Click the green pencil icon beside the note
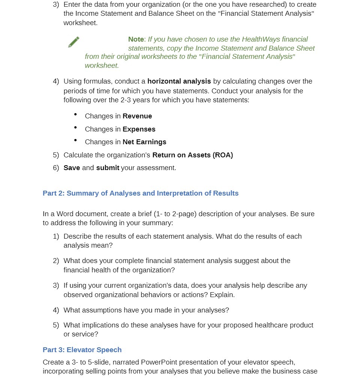click(x=74, y=42)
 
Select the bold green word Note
click(x=136, y=39)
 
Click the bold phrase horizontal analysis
click(x=179, y=81)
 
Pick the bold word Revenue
click(x=137, y=116)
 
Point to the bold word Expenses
click(x=139, y=129)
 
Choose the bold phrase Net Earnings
click(x=144, y=142)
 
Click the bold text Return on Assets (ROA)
click(x=192, y=155)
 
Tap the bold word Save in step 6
click(x=72, y=168)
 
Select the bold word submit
click(x=108, y=168)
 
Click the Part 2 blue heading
click(x=141, y=193)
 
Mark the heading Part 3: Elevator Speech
click(x=82, y=350)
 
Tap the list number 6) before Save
click(x=56, y=168)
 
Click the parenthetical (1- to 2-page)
click(x=175, y=214)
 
